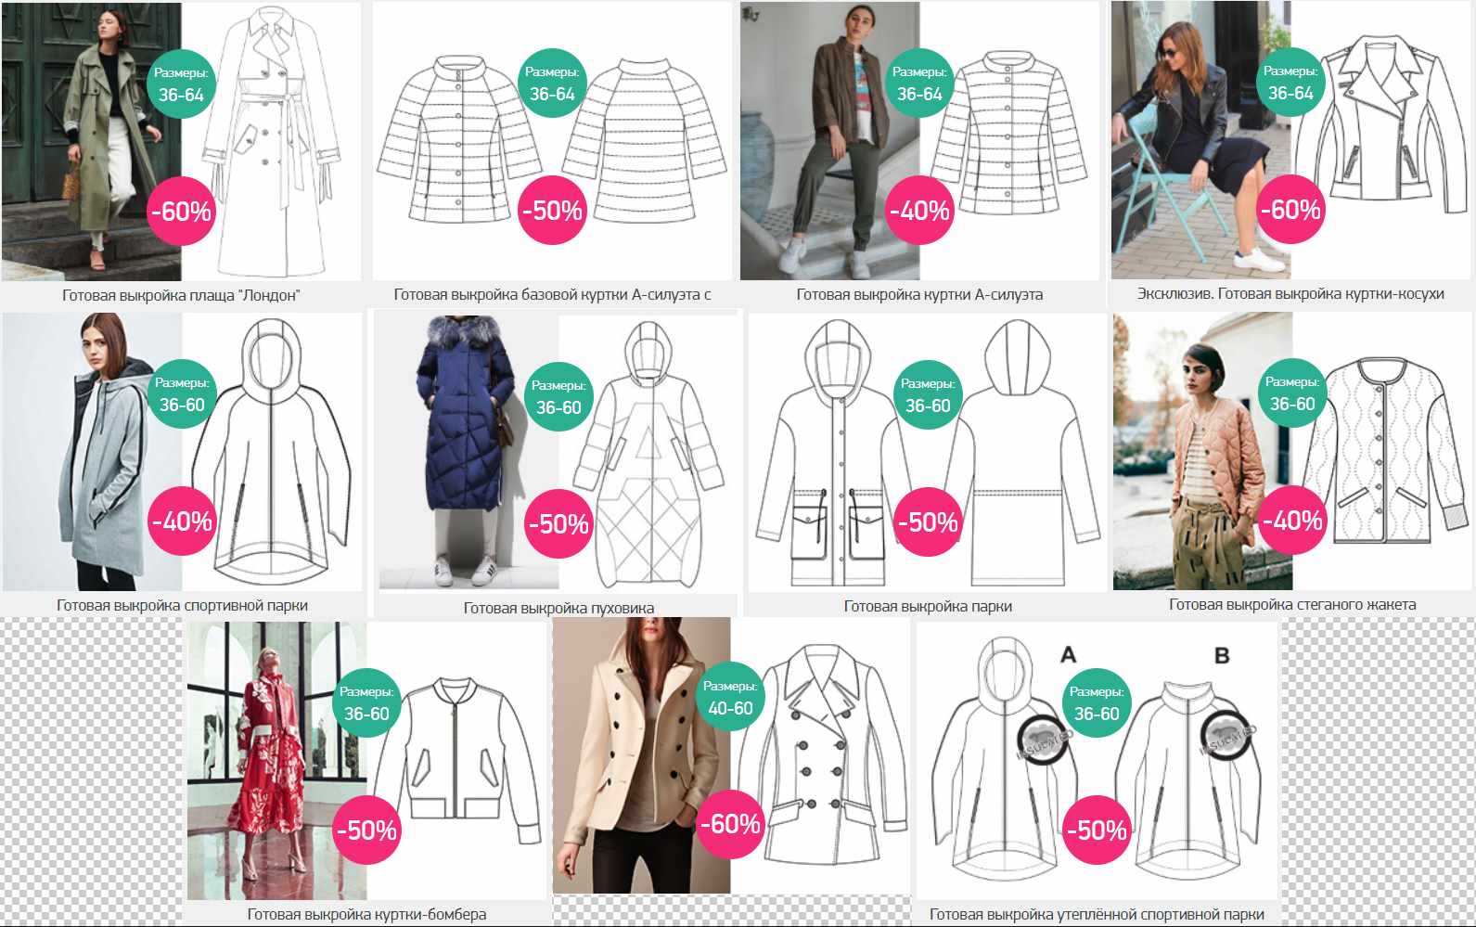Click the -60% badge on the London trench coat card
[181, 211]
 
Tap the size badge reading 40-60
[730, 696]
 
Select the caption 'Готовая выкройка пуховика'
[558, 608]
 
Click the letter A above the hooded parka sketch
[1068, 654]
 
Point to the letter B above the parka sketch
[1222, 655]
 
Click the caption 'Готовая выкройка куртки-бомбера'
[366, 914]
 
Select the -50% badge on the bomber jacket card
[366, 830]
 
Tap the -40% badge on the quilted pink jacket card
[1292, 521]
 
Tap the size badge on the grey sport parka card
[182, 394]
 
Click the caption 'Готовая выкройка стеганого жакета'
[1292, 604]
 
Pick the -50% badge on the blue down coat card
[558, 523]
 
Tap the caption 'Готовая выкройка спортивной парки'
[182, 605]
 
